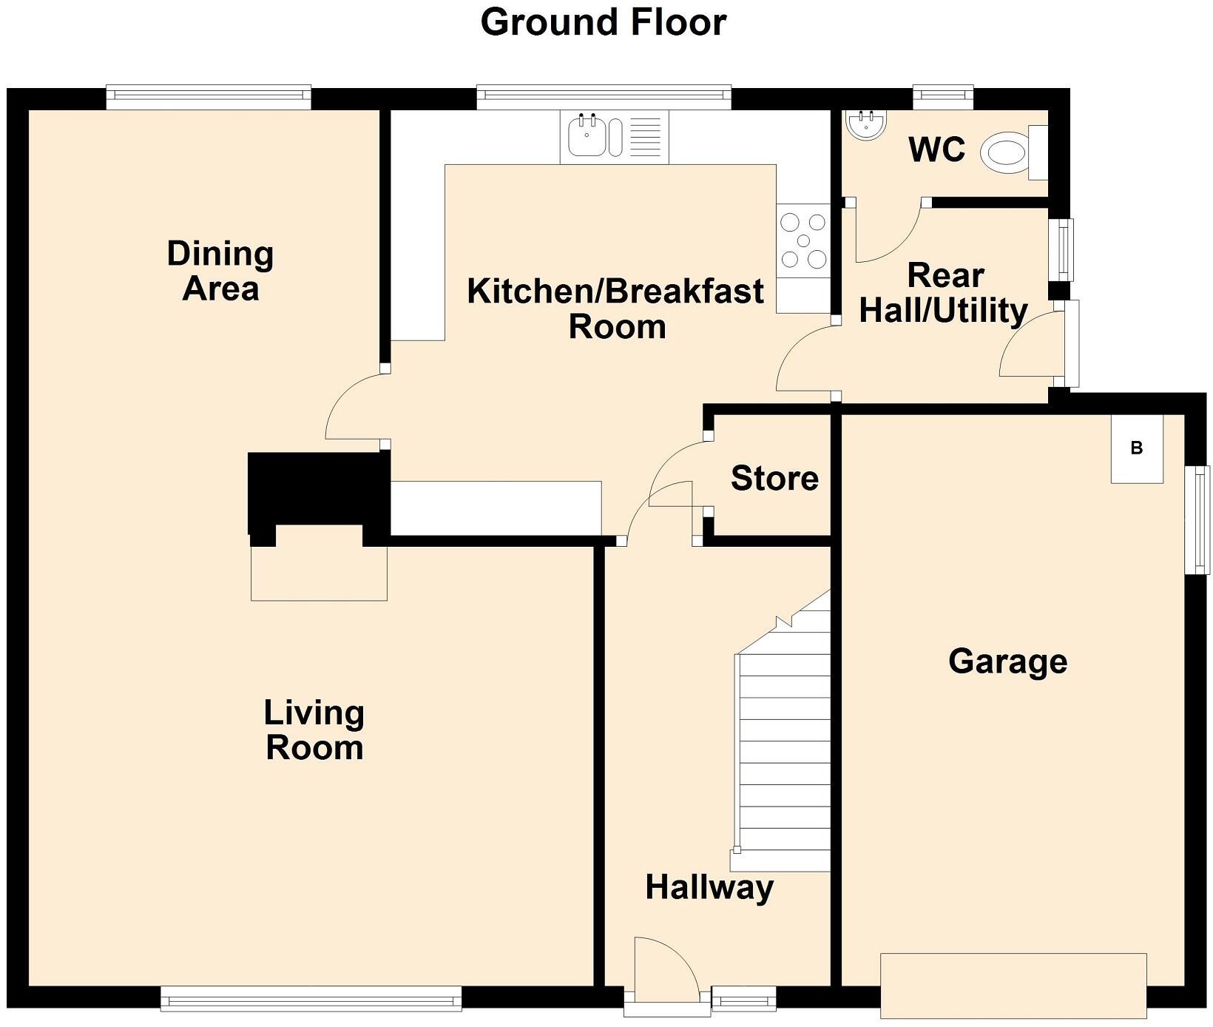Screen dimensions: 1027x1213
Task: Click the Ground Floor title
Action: point(604,22)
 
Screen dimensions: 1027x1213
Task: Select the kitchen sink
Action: point(588,137)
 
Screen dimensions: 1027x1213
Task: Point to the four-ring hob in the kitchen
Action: point(803,240)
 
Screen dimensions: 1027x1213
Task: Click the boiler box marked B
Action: point(1137,448)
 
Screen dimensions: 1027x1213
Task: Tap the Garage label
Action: point(1007,661)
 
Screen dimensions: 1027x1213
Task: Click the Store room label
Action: point(774,478)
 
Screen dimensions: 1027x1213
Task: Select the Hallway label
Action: point(709,886)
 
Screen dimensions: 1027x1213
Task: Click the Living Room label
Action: point(314,730)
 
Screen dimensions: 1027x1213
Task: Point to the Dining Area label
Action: point(220,270)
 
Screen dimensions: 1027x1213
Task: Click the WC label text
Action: point(936,149)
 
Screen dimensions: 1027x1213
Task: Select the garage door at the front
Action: point(1013,986)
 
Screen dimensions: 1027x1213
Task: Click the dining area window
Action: point(208,96)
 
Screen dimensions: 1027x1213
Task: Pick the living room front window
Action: point(311,998)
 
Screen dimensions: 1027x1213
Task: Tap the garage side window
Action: point(1197,519)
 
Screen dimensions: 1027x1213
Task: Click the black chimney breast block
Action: point(318,492)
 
